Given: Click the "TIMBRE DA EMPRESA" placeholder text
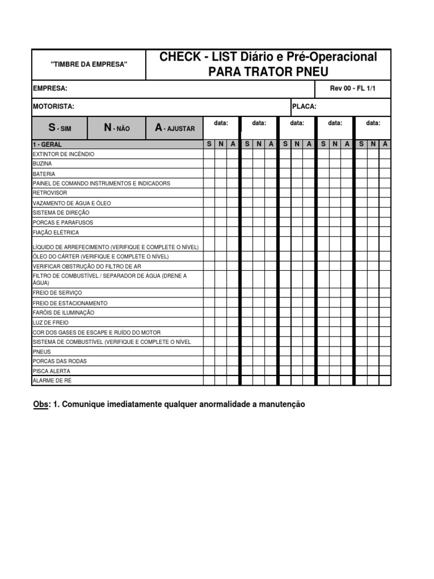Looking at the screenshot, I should (89, 64).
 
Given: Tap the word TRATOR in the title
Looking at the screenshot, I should (268, 71).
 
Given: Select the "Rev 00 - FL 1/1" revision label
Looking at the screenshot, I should (352, 89).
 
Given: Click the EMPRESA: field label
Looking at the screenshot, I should (50, 89).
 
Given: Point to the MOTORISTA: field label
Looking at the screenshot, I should (53, 106).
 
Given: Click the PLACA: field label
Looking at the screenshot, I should (304, 106).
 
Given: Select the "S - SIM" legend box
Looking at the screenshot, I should (59, 128).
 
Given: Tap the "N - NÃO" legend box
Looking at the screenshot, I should (117, 128).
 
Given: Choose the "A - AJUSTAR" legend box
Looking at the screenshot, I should (175, 128).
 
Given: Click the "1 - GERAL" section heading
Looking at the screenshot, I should (47, 145).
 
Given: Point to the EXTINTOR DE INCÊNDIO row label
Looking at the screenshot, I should (63, 154).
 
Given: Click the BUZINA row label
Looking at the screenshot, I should (42, 163).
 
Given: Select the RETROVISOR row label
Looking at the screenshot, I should (50, 193).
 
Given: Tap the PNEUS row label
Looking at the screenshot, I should (42, 352).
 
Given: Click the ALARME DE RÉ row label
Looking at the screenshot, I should (52, 381).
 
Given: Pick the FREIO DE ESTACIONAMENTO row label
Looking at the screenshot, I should (70, 303).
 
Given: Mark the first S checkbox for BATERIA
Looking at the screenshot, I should (209, 174).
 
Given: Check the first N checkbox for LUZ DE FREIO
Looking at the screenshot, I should (221, 322).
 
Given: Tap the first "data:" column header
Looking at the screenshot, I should (221, 123).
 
